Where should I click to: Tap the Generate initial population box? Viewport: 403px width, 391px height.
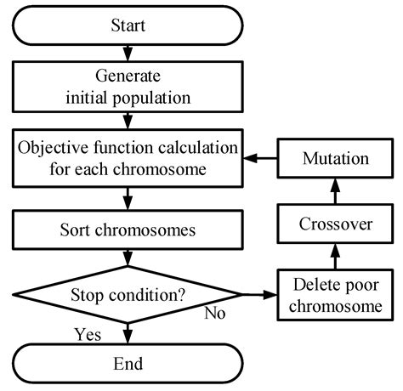[127, 84]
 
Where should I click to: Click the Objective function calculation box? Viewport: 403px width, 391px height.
[127, 158]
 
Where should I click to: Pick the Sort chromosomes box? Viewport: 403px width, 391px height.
[127, 230]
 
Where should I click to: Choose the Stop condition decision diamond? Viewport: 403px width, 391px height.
[127, 295]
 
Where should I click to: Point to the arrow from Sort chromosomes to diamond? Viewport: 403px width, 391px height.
[127, 258]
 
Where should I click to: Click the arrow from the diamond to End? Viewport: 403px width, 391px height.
[127, 332]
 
